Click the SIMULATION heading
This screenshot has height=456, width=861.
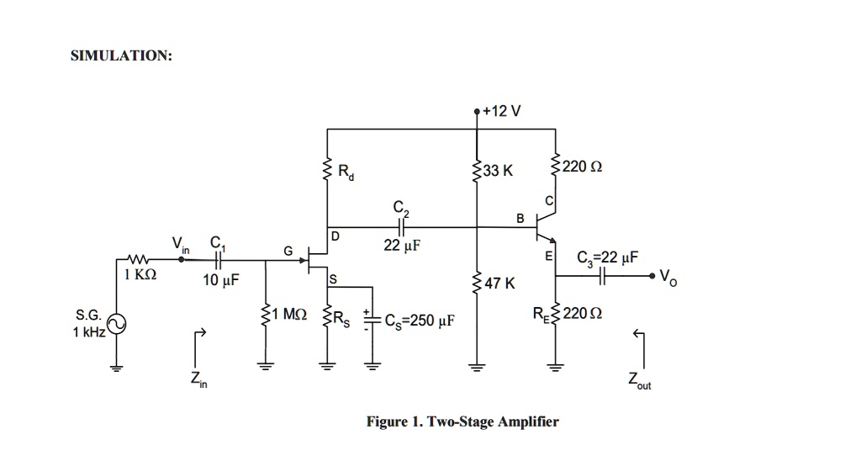point(121,56)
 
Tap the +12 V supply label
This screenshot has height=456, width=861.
point(503,110)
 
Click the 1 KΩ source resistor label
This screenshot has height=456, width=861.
point(140,275)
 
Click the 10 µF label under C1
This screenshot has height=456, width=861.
point(220,279)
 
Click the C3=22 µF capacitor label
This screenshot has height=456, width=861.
point(607,258)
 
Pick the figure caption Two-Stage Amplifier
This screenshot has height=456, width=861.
point(462,422)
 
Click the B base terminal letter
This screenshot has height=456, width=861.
point(520,219)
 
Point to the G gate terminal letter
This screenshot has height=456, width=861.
point(288,249)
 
